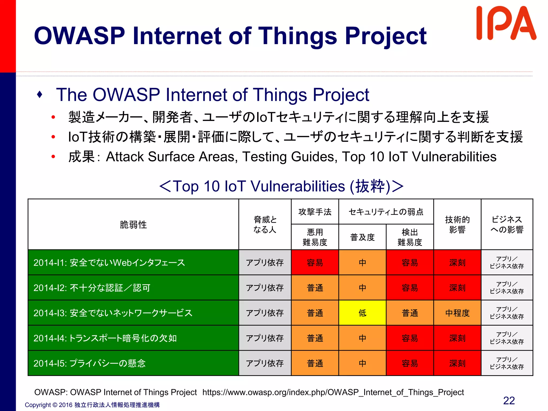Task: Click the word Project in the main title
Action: [385, 36]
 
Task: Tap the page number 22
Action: [509, 401]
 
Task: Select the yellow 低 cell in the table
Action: [362, 313]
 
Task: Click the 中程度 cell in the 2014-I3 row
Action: [457, 313]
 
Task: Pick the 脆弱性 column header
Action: [133, 224]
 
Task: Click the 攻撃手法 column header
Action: [315, 212]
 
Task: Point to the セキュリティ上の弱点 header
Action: [386, 212]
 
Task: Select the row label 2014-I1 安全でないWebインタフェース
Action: [109, 262]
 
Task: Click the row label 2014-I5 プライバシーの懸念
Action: [89, 363]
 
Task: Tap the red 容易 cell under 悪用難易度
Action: [315, 262]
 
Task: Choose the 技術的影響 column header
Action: [457, 224]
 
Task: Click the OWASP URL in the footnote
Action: [333, 392]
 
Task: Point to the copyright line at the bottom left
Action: [92, 405]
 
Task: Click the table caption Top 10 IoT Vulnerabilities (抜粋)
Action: [281, 186]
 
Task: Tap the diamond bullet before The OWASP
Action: [40, 94]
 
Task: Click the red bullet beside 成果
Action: [53, 157]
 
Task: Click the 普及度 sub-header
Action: [362, 237]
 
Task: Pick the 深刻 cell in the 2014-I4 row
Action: [457, 338]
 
